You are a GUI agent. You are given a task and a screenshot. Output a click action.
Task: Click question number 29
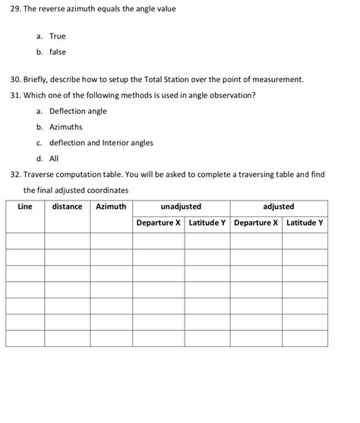click(x=15, y=10)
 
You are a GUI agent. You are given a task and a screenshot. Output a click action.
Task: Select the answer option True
click(x=58, y=36)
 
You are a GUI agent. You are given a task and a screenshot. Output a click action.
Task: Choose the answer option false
click(x=58, y=52)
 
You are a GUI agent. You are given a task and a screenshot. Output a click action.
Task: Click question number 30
click(x=15, y=80)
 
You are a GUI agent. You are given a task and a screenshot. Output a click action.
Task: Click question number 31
click(x=15, y=95)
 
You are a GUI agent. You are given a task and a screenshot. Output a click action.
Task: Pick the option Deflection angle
click(x=78, y=111)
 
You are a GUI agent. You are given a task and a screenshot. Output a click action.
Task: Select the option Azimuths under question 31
click(x=66, y=127)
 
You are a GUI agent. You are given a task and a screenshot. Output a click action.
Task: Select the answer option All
click(x=54, y=159)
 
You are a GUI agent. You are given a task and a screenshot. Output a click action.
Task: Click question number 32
click(x=15, y=175)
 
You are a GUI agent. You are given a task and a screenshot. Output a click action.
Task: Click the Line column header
click(x=24, y=207)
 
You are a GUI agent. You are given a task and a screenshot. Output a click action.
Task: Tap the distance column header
click(x=67, y=207)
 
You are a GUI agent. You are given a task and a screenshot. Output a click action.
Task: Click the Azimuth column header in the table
click(x=111, y=207)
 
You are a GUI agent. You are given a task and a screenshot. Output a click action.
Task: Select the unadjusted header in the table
click(x=181, y=207)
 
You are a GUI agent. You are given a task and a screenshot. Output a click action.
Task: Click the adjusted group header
click(x=279, y=207)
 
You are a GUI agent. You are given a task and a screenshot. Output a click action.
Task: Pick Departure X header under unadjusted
click(x=159, y=223)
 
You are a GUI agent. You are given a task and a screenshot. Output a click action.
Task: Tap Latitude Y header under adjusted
click(x=305, y=223)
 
